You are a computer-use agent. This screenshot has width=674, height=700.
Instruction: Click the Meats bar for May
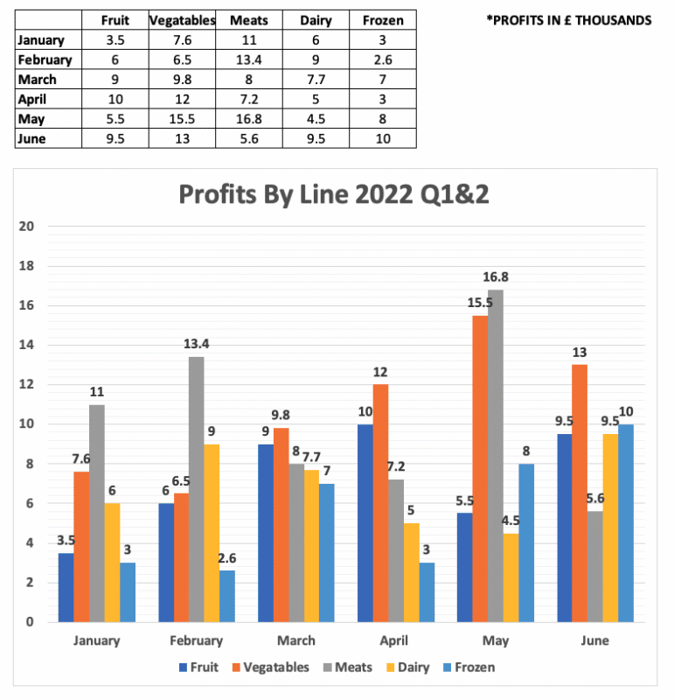[x=496, y=455]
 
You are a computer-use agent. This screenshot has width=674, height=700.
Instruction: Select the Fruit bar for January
[x=66, y=587]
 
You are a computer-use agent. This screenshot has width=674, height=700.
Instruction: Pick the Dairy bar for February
[x=212, y=533]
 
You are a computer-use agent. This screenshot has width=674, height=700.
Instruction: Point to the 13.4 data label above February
[x=196, y=345]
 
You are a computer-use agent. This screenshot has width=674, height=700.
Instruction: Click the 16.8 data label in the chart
[x=496, y=277]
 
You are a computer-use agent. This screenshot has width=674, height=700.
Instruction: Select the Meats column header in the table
[x=248, y=19]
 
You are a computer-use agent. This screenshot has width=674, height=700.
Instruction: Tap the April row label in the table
[x=35, y=99]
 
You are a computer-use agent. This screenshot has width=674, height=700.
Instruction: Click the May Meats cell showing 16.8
[x=248, y=119]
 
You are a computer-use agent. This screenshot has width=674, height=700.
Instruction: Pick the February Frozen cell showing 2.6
[x=383, y=59]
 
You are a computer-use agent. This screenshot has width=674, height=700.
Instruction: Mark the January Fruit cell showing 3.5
[x=115, y=39]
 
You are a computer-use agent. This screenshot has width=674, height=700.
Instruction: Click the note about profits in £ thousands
[x=569, y=20]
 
